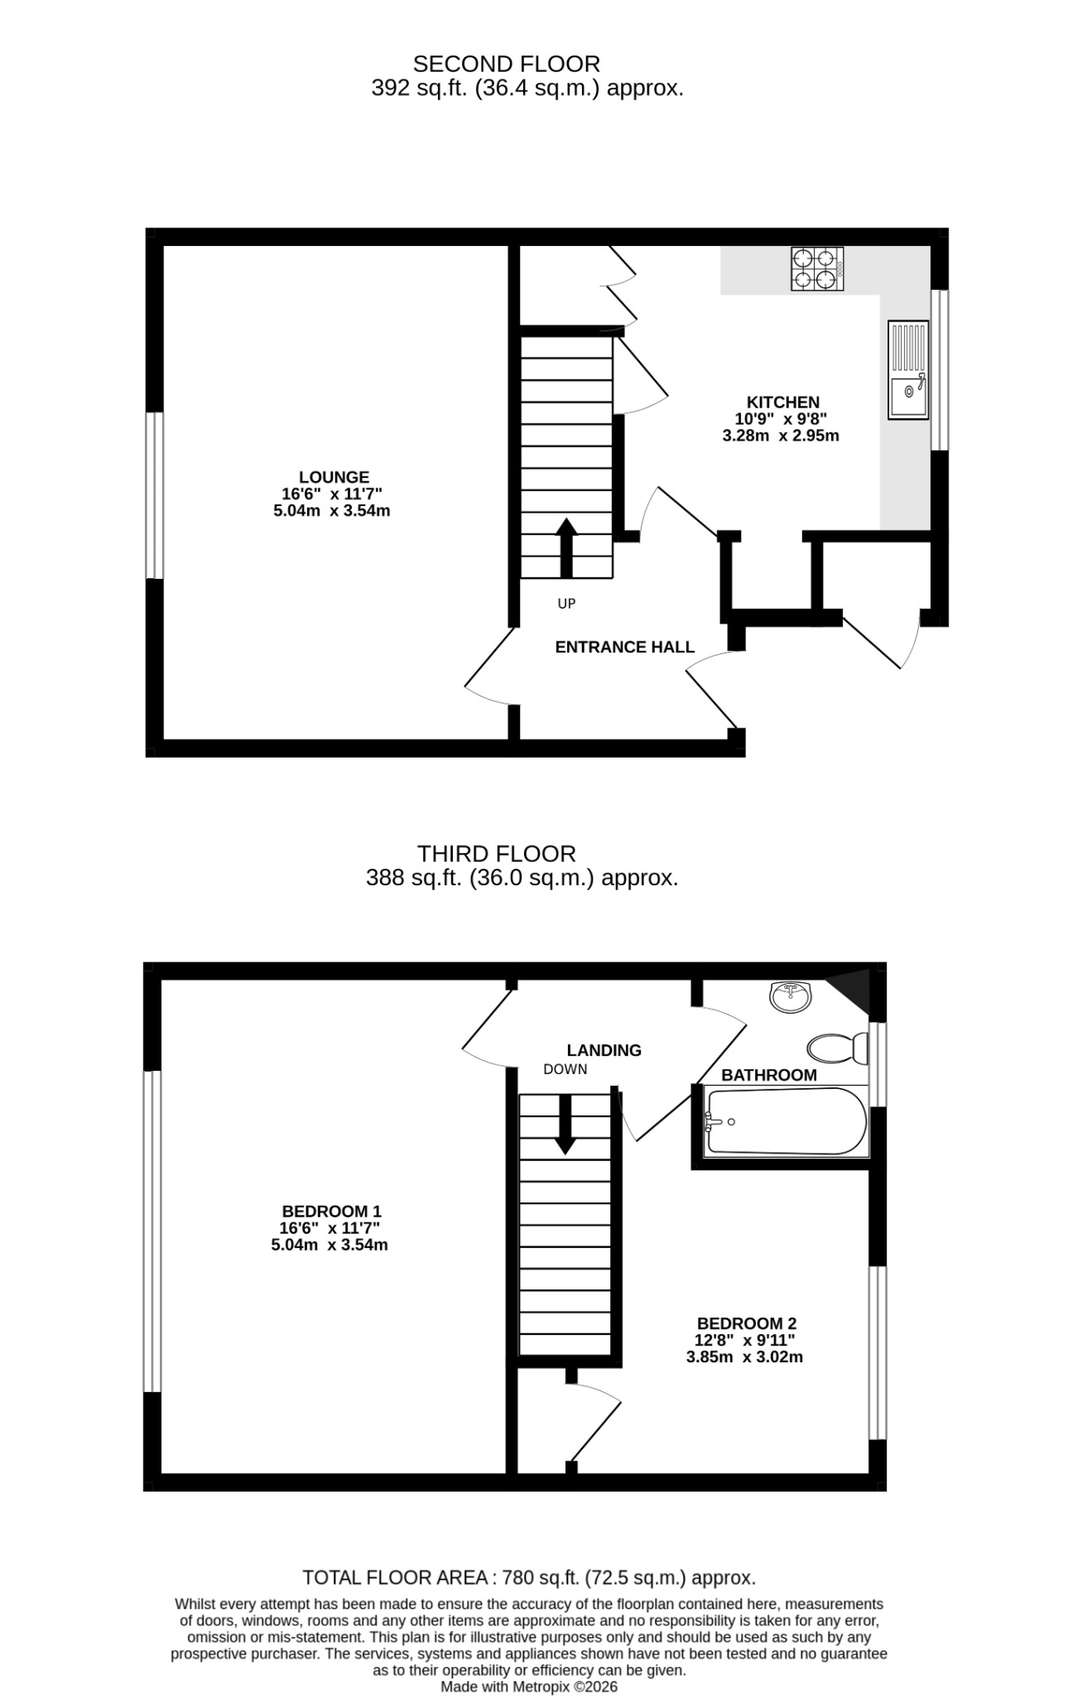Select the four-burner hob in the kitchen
coord(818,269)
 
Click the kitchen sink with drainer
coord(908,369)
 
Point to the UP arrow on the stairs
coord(566,548)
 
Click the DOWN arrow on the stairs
coord(565,1125)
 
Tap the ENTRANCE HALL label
coord(624,647)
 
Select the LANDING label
coord(604,1050)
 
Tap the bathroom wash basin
coord(791,997)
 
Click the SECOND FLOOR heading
coord(506,64)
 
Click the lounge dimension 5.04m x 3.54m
coord(331,511)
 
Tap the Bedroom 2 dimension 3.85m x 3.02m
coord(744,1357)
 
